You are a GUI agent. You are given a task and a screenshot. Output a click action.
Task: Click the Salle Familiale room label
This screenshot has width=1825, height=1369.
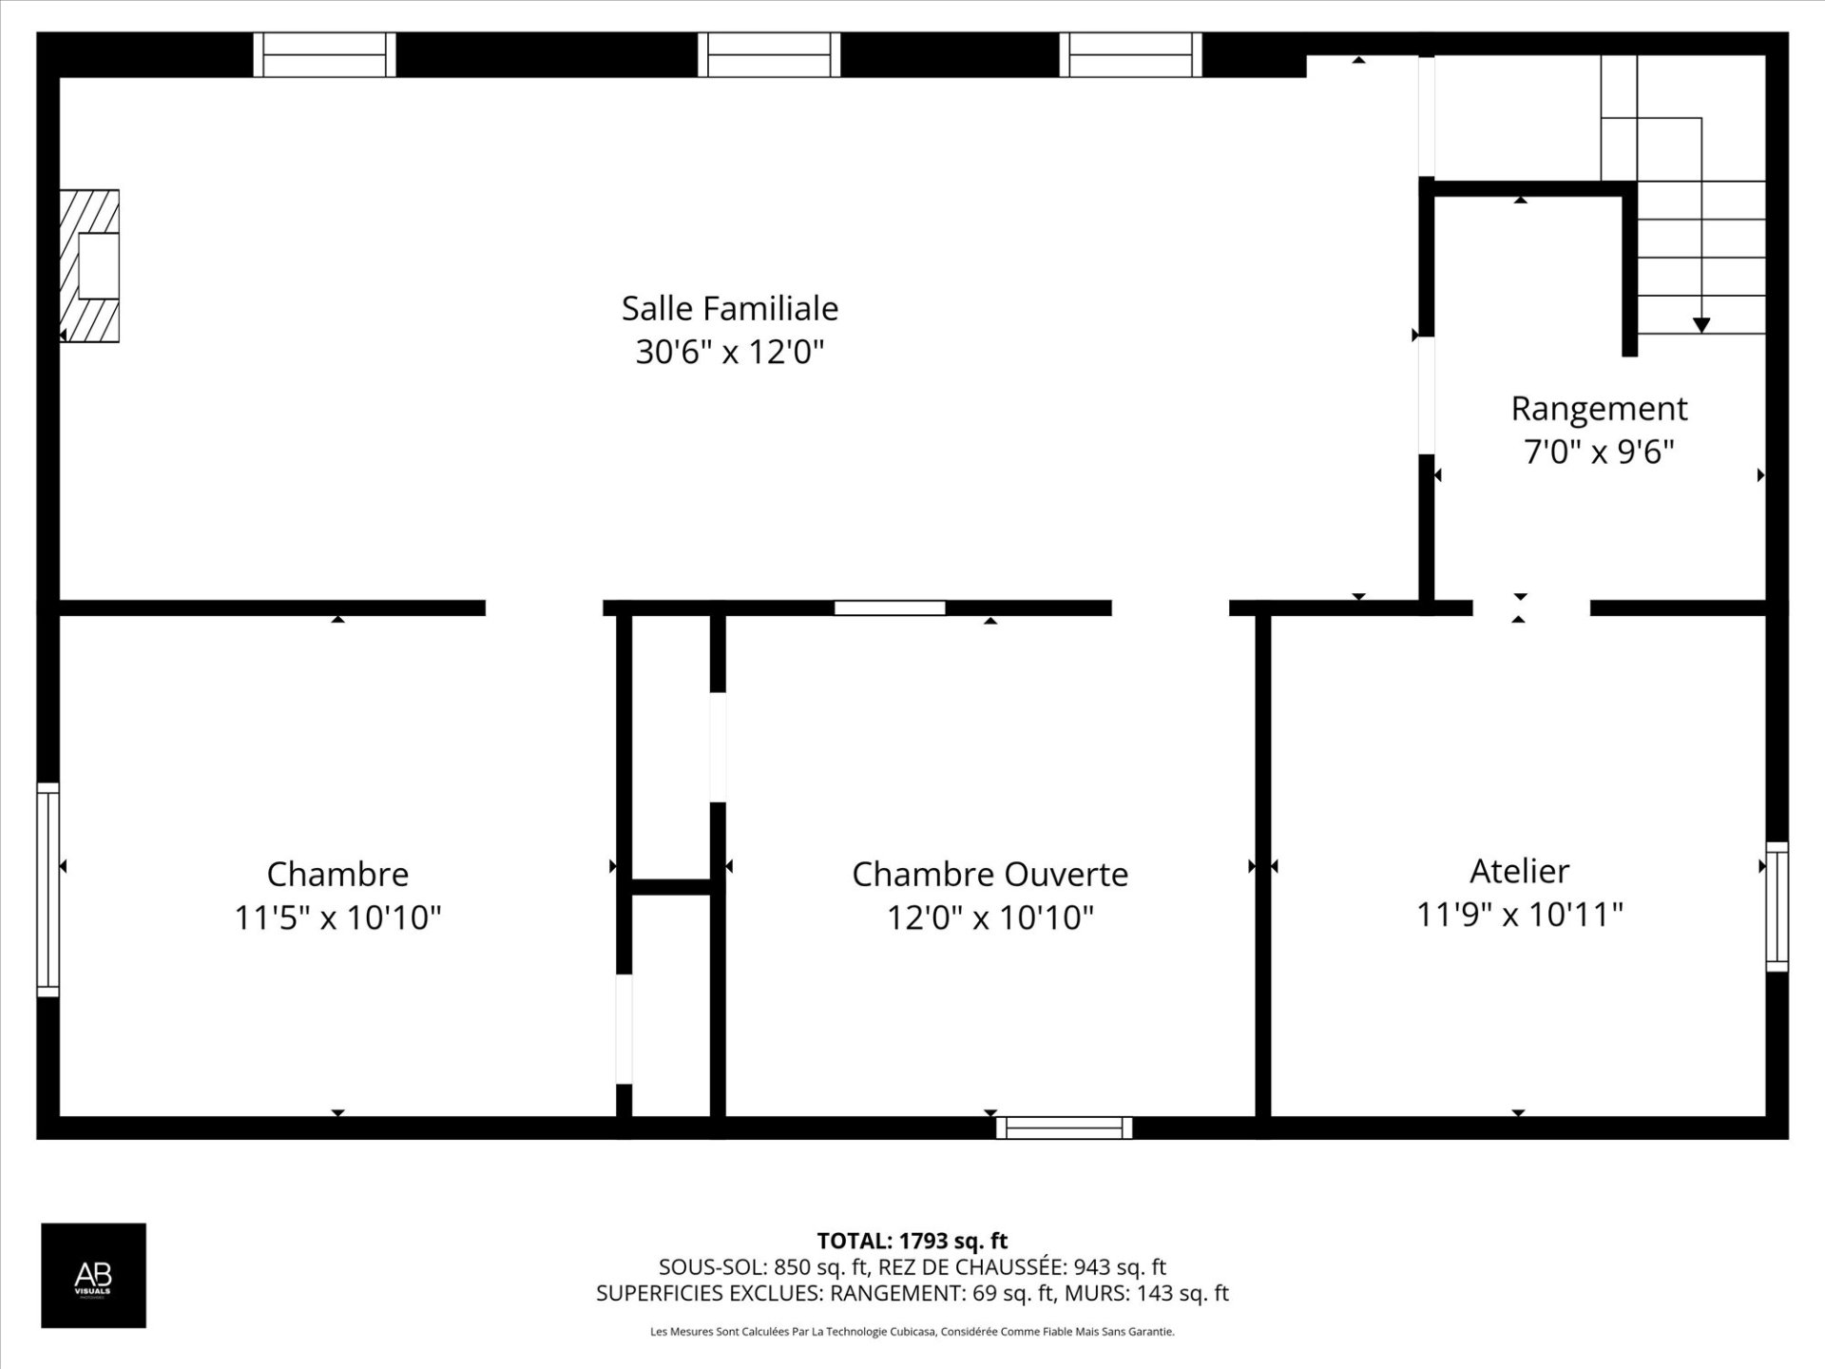[x=729, y=308]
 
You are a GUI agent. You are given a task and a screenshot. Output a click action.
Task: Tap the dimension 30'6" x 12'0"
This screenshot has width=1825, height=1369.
[x=729, y=352]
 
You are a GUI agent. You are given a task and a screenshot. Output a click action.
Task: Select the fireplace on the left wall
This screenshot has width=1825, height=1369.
[x=90, y=266]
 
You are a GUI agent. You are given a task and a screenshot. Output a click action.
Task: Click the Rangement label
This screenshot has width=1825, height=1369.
[x=1599, y=409]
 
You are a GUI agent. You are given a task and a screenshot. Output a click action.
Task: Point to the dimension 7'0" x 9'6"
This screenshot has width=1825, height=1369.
[x=1599, y=452]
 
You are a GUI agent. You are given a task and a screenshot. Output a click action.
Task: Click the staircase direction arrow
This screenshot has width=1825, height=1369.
[x=1701, y=324]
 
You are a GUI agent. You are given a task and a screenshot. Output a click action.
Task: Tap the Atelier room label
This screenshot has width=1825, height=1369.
[x=1519, y=871]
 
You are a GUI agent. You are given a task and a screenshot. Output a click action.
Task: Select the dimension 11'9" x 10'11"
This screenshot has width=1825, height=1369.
[x=1519, y=915]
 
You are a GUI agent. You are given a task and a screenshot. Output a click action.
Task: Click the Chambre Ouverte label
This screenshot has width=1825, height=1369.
[x=989, y=875]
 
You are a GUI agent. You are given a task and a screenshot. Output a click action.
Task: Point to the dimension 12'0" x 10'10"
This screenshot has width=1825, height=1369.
[x=989, y=918]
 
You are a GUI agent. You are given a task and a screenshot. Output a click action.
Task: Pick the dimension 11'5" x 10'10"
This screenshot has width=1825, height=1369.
[x=337, y=918]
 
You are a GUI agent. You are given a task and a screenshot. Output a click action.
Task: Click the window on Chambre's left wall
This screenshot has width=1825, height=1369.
[x=48, y=890]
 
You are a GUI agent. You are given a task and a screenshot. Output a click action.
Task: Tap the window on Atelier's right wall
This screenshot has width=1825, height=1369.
[x=1777, y=907]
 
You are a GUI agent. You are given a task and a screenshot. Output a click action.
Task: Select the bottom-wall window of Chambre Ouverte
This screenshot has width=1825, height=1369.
[x=1064, y=1128]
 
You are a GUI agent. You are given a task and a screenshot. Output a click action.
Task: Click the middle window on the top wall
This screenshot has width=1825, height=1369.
[x=769, y=54]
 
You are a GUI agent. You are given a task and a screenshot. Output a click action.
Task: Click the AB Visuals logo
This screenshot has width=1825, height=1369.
[x=93, y=1275]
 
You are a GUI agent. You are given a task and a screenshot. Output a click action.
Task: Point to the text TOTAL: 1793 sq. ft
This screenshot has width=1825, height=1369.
[x=912, y=1241]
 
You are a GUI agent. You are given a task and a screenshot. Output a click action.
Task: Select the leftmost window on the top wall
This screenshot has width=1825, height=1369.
[x=324, y=54]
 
